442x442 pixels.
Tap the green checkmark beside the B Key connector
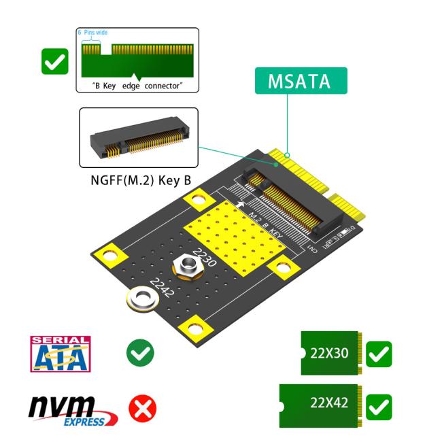pos(54,62)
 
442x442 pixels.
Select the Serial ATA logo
pos(60,354)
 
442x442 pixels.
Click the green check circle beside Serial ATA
pos(140,352)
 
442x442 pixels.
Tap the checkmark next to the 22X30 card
pos(378,354)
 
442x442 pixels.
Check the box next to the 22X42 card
pos(378,406)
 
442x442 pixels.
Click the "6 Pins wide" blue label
pos(92,33)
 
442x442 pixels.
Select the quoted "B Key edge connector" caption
pos(137,86)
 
